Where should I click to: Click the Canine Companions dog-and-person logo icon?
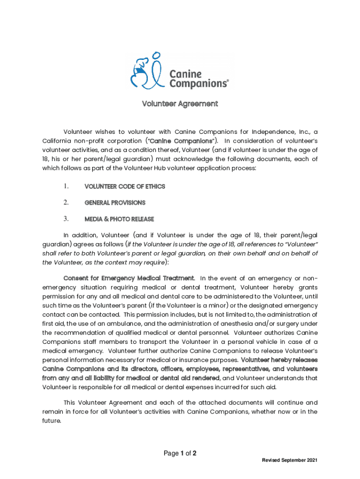pos(145,71)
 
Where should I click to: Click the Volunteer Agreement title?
pos(180,104)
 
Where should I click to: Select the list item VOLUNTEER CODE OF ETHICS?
pos(124,187)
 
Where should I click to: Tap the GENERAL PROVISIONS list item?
pos(115,203)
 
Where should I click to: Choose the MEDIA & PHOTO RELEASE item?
pos(119,219)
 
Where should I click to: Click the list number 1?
pos(66,187)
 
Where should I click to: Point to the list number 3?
pos(66,218)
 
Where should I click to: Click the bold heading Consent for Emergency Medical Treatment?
pos(129,279)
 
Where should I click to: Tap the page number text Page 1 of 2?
pos(180,453)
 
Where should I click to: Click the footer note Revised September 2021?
pos(290,461)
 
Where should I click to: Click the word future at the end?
pos(51,421)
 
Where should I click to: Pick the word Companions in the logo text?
pos(198,84)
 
